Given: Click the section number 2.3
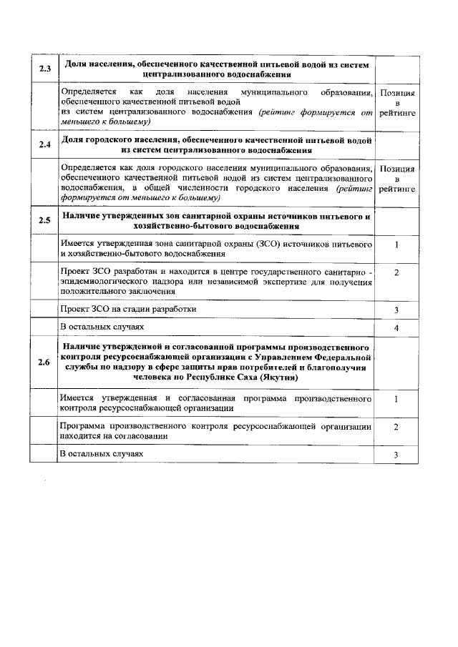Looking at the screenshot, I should (44, 69).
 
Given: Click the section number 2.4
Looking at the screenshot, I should (44, 145).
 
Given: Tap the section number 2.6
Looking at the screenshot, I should (44, 362).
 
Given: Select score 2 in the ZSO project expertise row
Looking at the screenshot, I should (396, 272).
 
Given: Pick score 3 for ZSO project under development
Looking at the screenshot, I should (396, 310).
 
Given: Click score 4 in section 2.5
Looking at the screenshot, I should (396, 328).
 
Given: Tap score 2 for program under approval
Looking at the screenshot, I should (396, 426).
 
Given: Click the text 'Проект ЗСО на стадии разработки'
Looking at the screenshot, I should (128, 309).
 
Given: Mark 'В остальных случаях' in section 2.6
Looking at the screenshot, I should (102, 454).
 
